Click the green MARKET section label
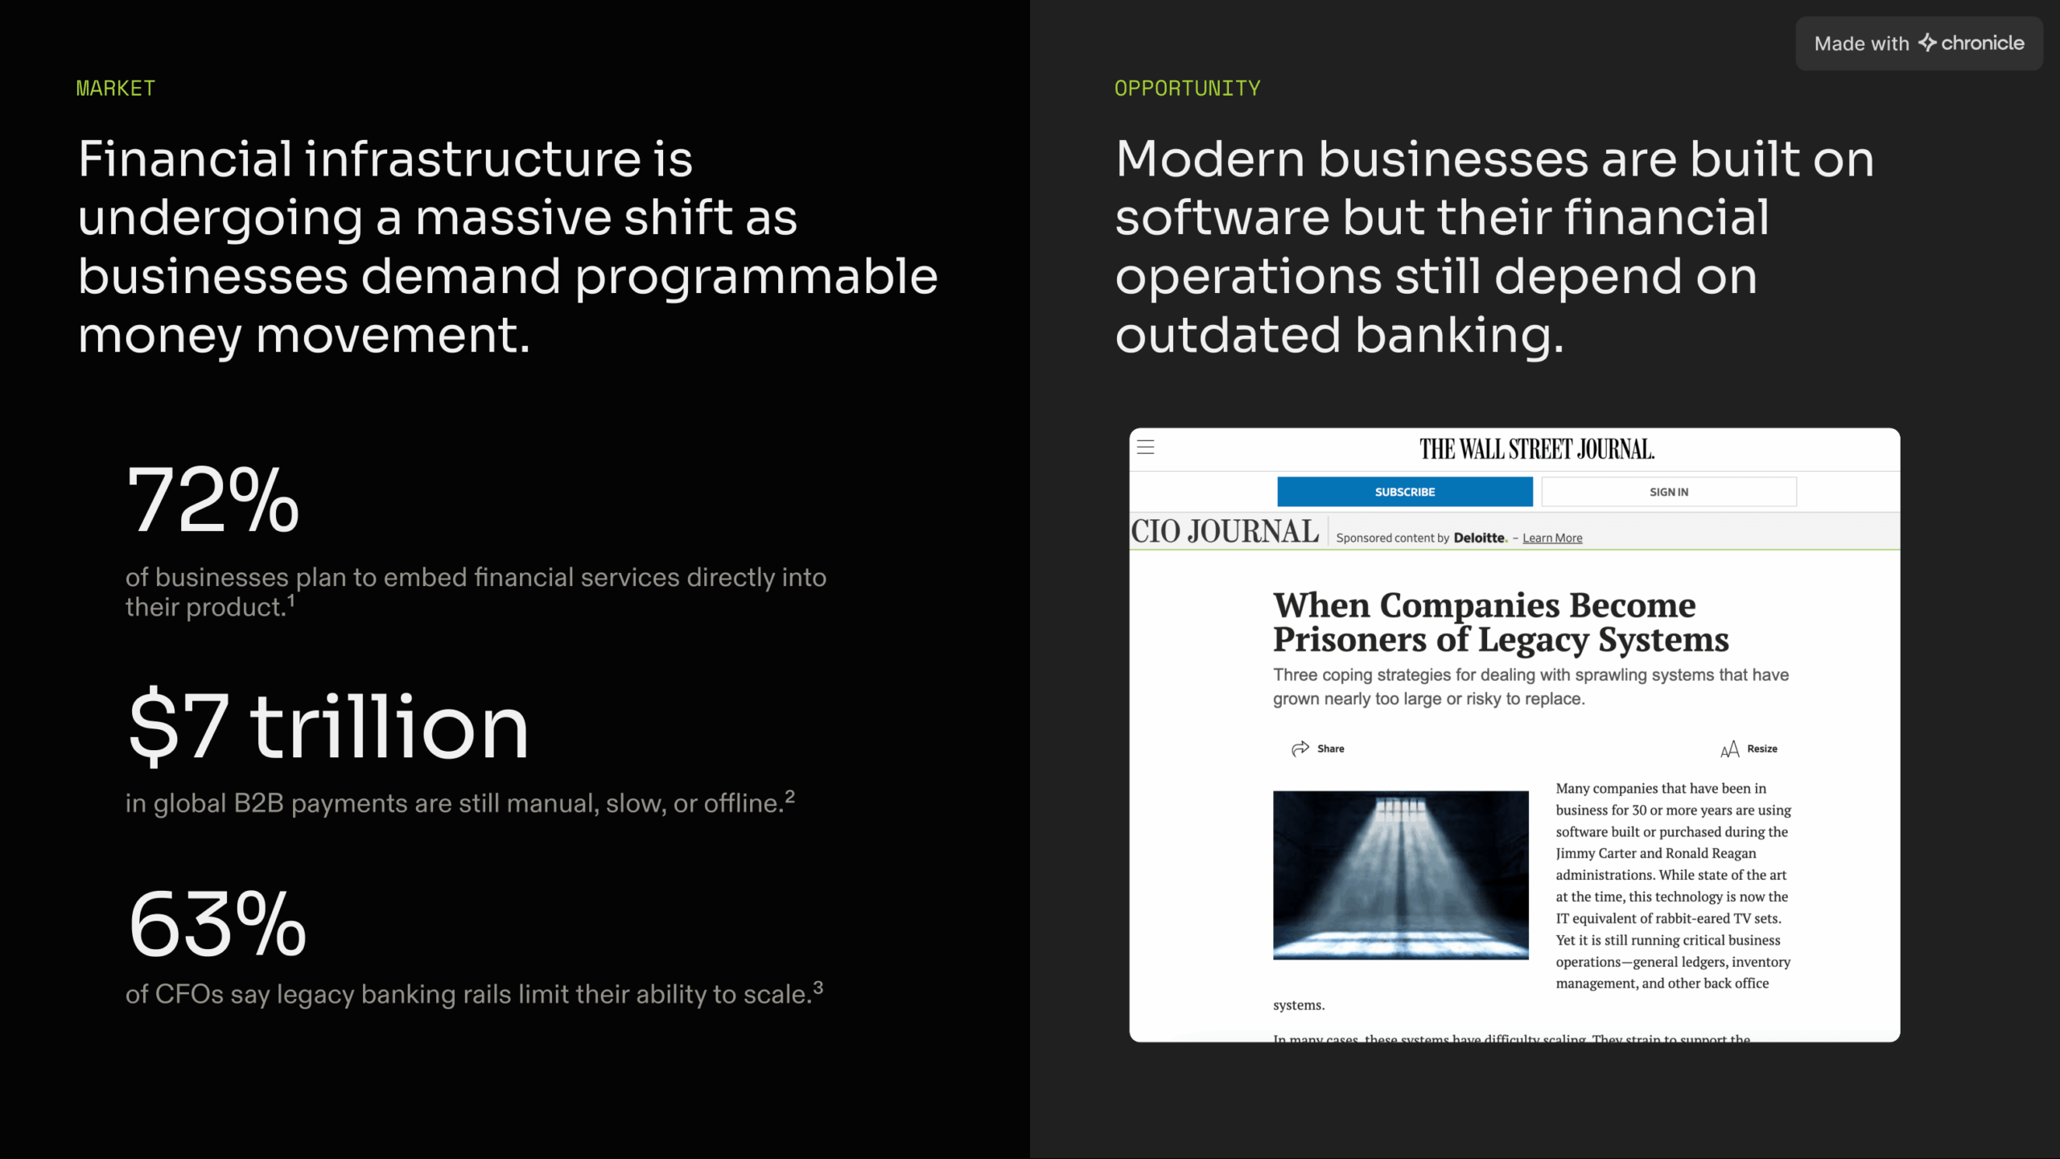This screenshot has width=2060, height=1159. [x=115, y=88]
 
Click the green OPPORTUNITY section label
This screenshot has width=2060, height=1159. [x=1187, y=88]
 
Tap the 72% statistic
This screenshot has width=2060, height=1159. [x=213, y=500]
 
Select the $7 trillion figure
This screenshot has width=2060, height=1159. [x=328, y=727]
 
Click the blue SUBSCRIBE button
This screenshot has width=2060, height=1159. [x=1404, y=492]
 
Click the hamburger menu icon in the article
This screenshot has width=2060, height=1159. [x=1146, y=448]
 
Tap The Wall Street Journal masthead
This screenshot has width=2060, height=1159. [x=1536, y=449]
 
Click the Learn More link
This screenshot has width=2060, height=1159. [x=1552, y=538]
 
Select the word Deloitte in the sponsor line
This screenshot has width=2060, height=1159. [x=1479, y=538]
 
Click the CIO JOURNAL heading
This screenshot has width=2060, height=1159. [x=1225, y=532]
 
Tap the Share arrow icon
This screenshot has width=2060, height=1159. [x=1300, y=749]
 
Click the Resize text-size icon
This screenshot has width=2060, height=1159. [x=1729, y=749]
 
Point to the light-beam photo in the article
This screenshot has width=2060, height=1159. [x=1400, y=875]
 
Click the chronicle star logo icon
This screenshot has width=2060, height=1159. [x=1926, y=43]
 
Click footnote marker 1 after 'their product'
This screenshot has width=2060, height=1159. [x=291, y=600]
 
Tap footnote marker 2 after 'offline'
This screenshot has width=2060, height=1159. [x=790, y=796]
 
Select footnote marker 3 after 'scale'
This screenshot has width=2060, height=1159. [x=818, y=987]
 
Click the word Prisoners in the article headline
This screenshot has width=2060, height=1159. [x=1349, y=640]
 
